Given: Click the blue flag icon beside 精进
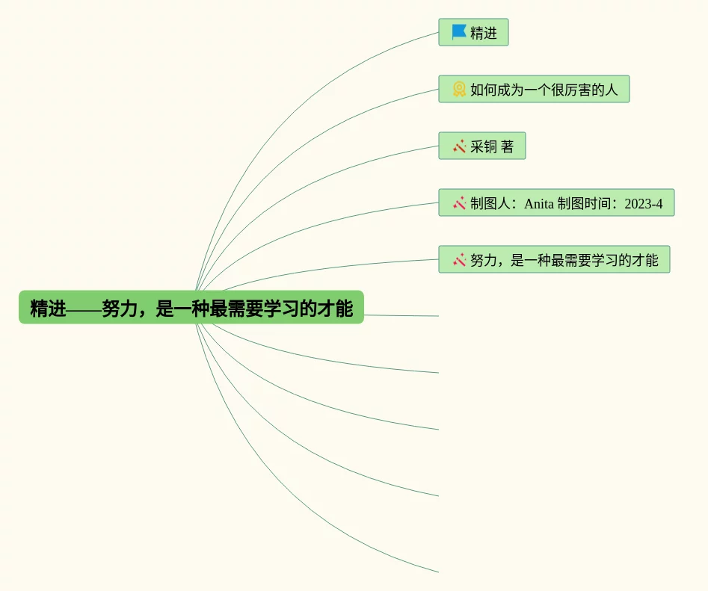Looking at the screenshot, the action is pyautogui.click(x=459, y=32).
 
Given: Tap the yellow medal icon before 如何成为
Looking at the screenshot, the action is pyautogui.click(x=459, y=89).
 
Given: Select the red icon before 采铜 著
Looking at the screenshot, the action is pyautogui.click(x=459, y=146).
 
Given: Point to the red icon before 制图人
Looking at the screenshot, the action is pyautogui.click(x=459, y=202).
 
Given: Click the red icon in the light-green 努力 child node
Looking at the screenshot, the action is pyautogui.click(x=459, y=259).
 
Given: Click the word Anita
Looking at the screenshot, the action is pyautogui.click(x=539, y=203).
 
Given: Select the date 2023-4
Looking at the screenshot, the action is pyautogui.click(x=643, y=203).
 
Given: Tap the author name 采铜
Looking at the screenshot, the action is pyautogui.click(x=484, y=146).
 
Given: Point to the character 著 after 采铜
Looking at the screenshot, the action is pyautogui.click(x=508, y=146).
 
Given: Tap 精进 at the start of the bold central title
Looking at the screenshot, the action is pyautogui.click(x=48, y=308).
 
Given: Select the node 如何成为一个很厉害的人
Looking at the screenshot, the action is pyautogui.click(x=543, y=90).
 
